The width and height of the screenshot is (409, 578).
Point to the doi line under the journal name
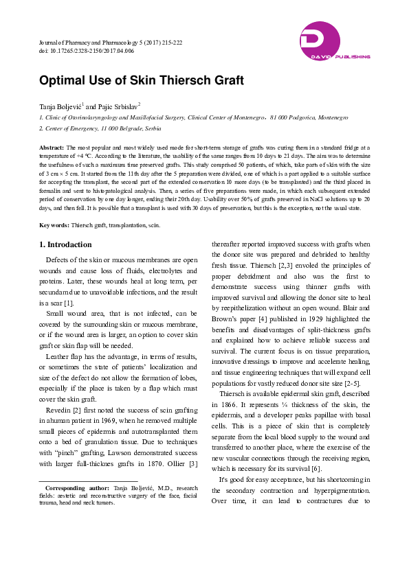(x=76, y=51)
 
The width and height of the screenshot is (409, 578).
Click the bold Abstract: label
(x=52, y=148)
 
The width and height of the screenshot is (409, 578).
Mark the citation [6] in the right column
(x=316, y=468)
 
